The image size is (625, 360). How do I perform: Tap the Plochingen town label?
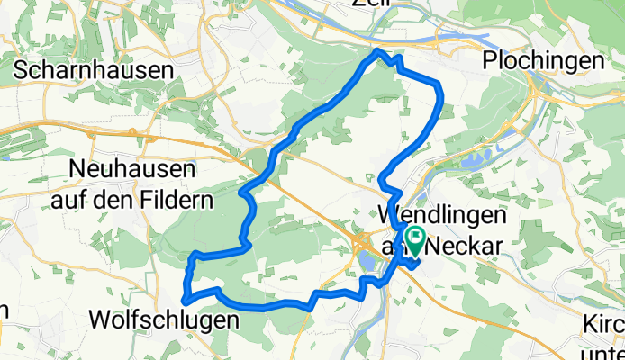tap(542, 61)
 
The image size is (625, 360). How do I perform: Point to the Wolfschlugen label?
tap(166, 319)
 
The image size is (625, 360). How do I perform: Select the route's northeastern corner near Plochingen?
tap(439, 85)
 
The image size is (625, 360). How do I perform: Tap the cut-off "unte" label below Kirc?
tap(608, 349)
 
